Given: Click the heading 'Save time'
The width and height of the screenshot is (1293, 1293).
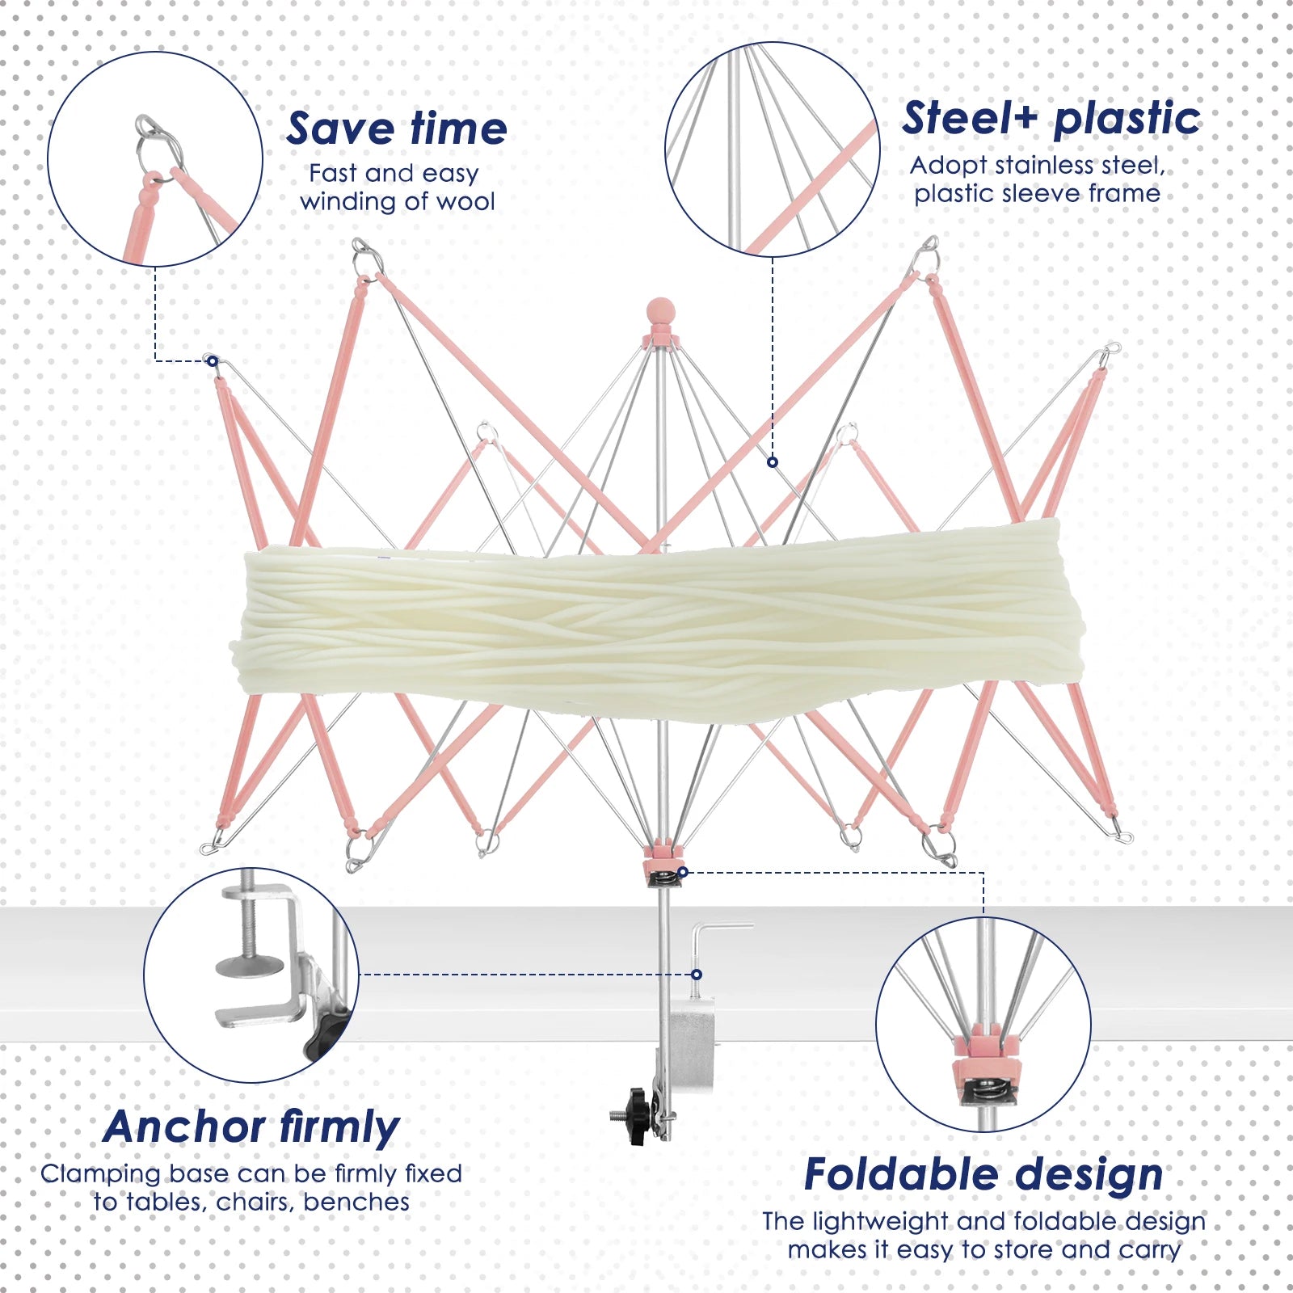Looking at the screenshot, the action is click(397, 129).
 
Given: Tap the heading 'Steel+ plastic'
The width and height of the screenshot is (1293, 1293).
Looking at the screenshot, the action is click(1051, 119).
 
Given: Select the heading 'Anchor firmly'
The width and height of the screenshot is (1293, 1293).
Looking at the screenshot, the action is click(251, 1127).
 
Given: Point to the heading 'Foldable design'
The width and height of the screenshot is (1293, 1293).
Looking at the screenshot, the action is click(983, 1175).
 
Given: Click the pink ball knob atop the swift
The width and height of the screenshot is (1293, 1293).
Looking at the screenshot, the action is click(661, 310).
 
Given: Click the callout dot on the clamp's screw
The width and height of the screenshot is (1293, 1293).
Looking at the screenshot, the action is click(697, 975).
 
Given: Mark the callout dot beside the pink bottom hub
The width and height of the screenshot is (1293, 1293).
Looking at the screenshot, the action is click(683, 872).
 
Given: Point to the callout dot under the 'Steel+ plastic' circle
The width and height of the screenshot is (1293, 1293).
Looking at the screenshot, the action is click(773, 462).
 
